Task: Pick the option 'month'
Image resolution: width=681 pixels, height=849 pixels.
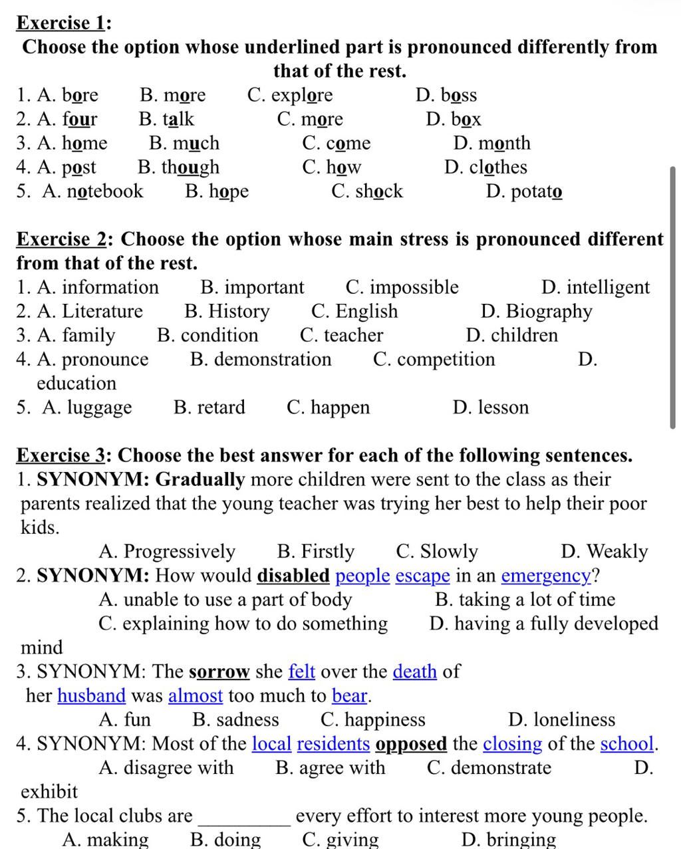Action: (x=504, y=143)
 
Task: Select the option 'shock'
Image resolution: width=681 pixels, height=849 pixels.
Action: (x=378, y=191)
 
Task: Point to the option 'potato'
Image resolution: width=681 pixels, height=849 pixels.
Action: (x=536, y=191)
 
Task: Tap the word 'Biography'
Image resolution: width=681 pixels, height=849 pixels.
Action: (x=549, y=311)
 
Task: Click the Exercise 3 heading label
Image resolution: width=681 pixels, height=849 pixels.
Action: (x=61, y=455)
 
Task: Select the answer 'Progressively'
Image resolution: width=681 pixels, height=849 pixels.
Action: (x=180, y=551)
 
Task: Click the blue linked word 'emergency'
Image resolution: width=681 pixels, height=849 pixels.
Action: (x=546, y=575)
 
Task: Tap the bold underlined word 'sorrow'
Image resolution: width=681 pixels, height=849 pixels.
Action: (x=219, y=671)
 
